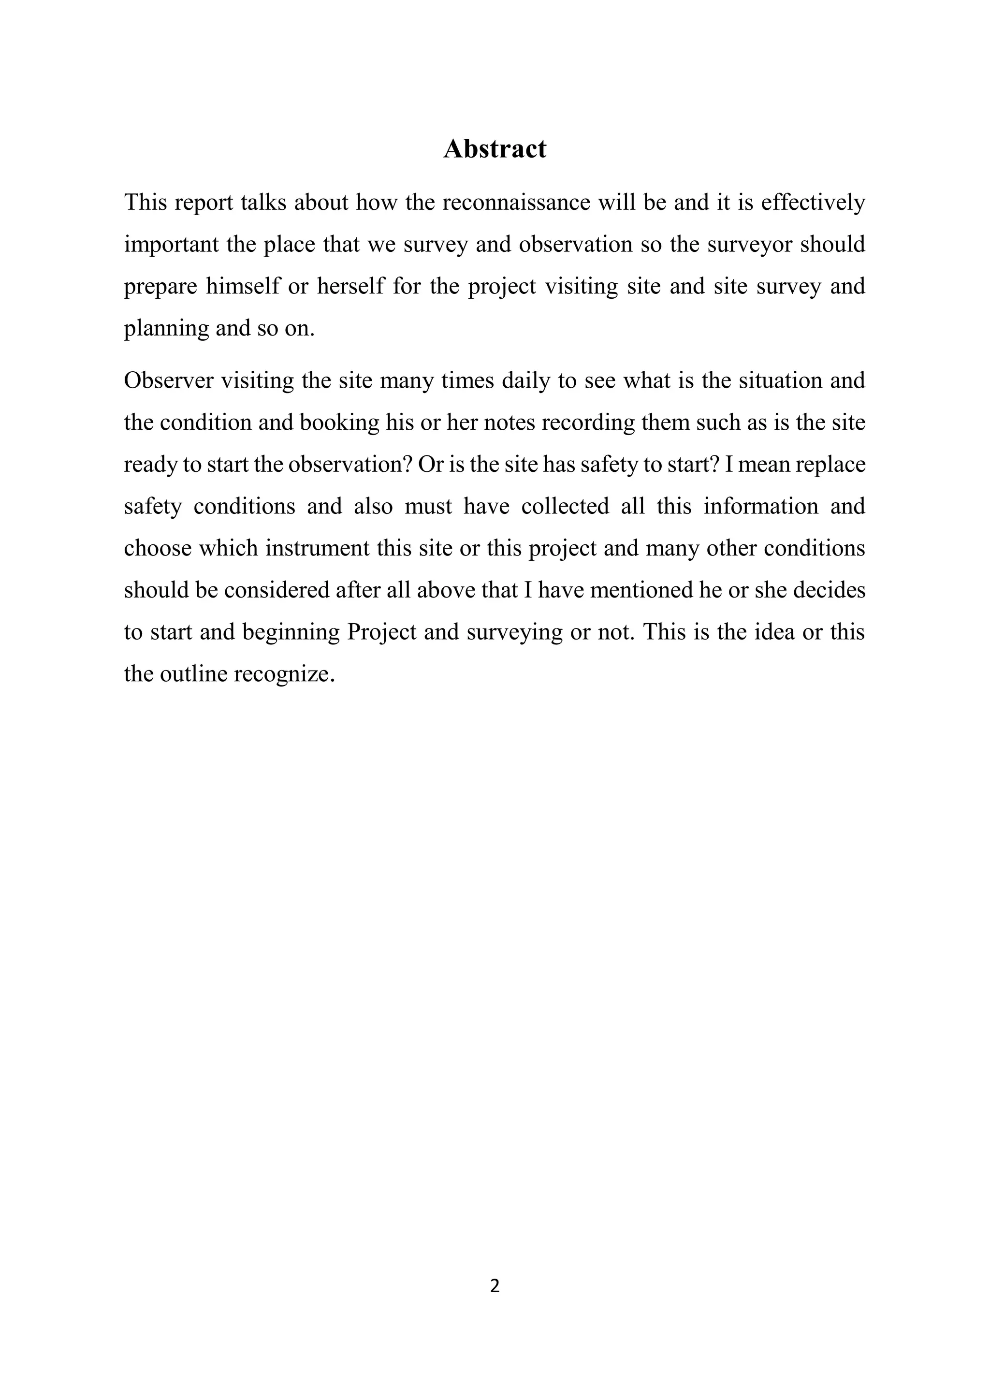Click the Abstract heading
pyautogui.click(x=495, y=149)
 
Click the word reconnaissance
pyautogui.click(x=516, y=203)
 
